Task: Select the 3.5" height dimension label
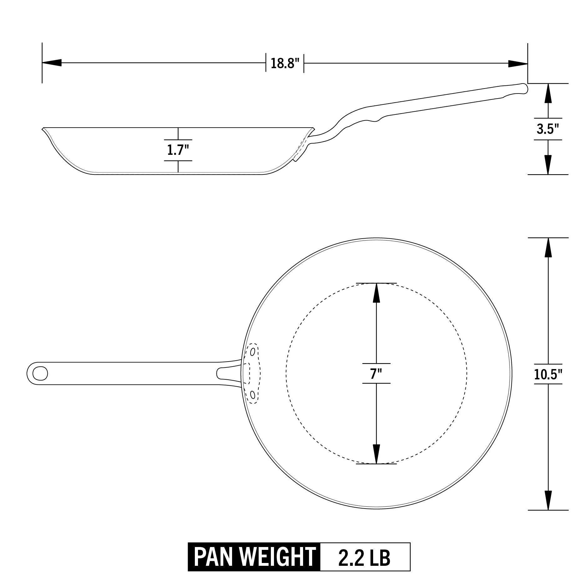[x=548, y=129]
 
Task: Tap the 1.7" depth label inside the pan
[x=178, y=150]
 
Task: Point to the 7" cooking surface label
[x=376, y=373]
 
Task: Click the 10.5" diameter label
[x=548, y=374]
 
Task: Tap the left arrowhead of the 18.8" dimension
[x=51, y=63]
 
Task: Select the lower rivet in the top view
[x=252, y=395]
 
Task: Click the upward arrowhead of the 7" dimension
[x=376, y=293]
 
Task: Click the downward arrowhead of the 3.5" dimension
[x=548, y=165]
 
